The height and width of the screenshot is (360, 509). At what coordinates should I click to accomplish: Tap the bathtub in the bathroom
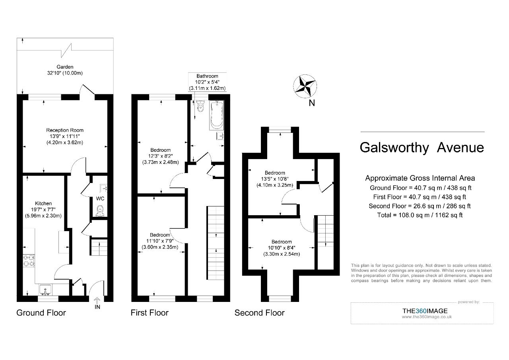tap(217, 115)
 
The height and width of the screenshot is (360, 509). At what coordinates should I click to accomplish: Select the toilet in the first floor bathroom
tap(200, 106)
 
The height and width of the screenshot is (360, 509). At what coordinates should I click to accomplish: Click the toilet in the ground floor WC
tap(100, 210)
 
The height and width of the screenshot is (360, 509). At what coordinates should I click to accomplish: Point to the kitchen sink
tap(45, 290)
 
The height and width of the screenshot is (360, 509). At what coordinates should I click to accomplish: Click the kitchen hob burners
tap(29, 260)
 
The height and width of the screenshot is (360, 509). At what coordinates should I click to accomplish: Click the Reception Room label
tap(65, 130)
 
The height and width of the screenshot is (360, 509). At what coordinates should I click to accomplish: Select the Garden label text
tap(65, 67)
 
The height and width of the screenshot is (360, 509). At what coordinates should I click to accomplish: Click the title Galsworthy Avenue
tap(422, 148)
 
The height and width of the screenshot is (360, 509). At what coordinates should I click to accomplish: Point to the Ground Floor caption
tap(41, 313)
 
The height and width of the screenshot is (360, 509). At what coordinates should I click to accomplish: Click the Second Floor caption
tap(259, 313)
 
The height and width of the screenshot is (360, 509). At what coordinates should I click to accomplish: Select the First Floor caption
tap(150, 313)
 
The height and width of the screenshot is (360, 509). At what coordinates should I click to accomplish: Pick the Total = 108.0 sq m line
tap(420, 215)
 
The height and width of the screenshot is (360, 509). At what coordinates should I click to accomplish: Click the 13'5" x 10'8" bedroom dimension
tap(275, 179)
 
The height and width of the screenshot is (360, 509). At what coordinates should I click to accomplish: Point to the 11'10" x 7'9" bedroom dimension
tap(160, 241)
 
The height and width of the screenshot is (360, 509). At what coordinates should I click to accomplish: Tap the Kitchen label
tap(43, 203)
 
